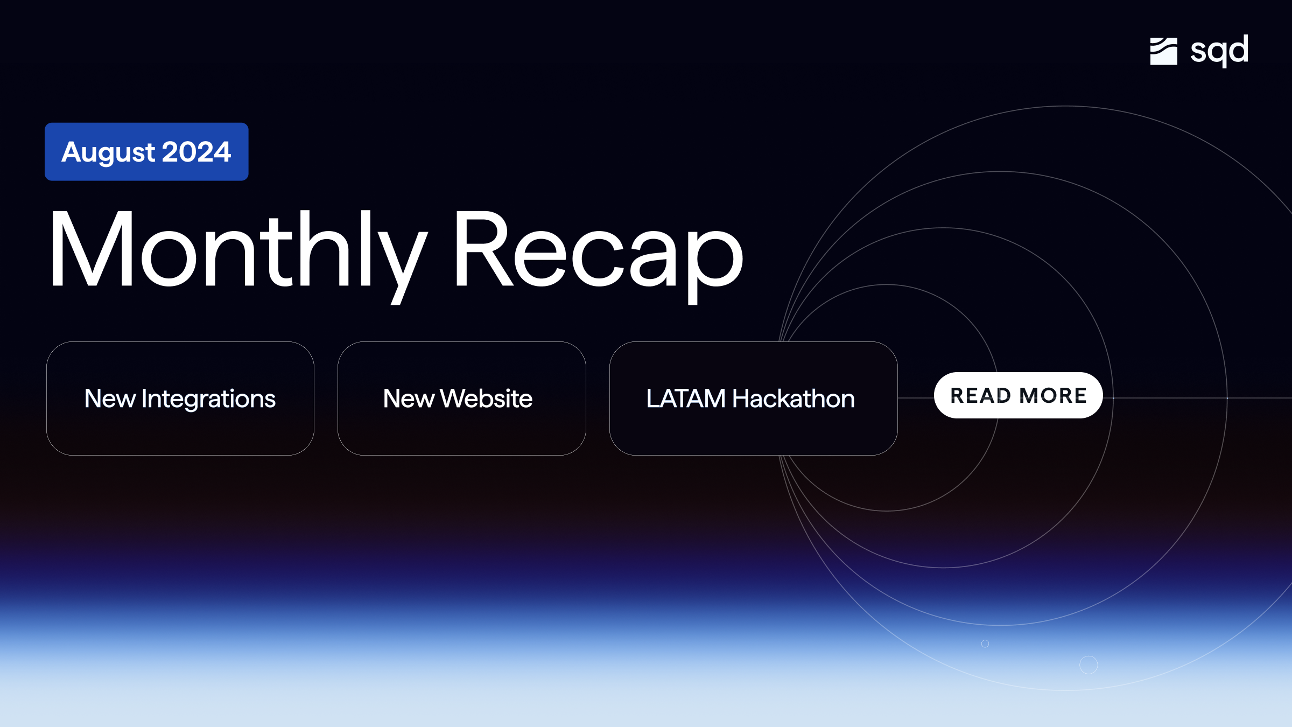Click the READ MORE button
pos(1018,395)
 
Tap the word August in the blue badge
pos(108,152)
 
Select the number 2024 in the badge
pos(196,152)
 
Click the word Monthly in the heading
pos(237,250)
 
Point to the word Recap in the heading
pos(598,250)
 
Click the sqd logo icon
pos(1163,51)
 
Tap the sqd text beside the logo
pos(1219,51)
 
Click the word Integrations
pos(208,399)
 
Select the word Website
pos(486,399)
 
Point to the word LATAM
pos(686,399)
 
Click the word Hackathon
pos(794,399)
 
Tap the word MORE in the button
pos(1053,396)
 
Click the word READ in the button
pos(980,396)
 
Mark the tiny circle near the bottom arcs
pos(985,644)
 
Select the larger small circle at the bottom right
pos(1089,665)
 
